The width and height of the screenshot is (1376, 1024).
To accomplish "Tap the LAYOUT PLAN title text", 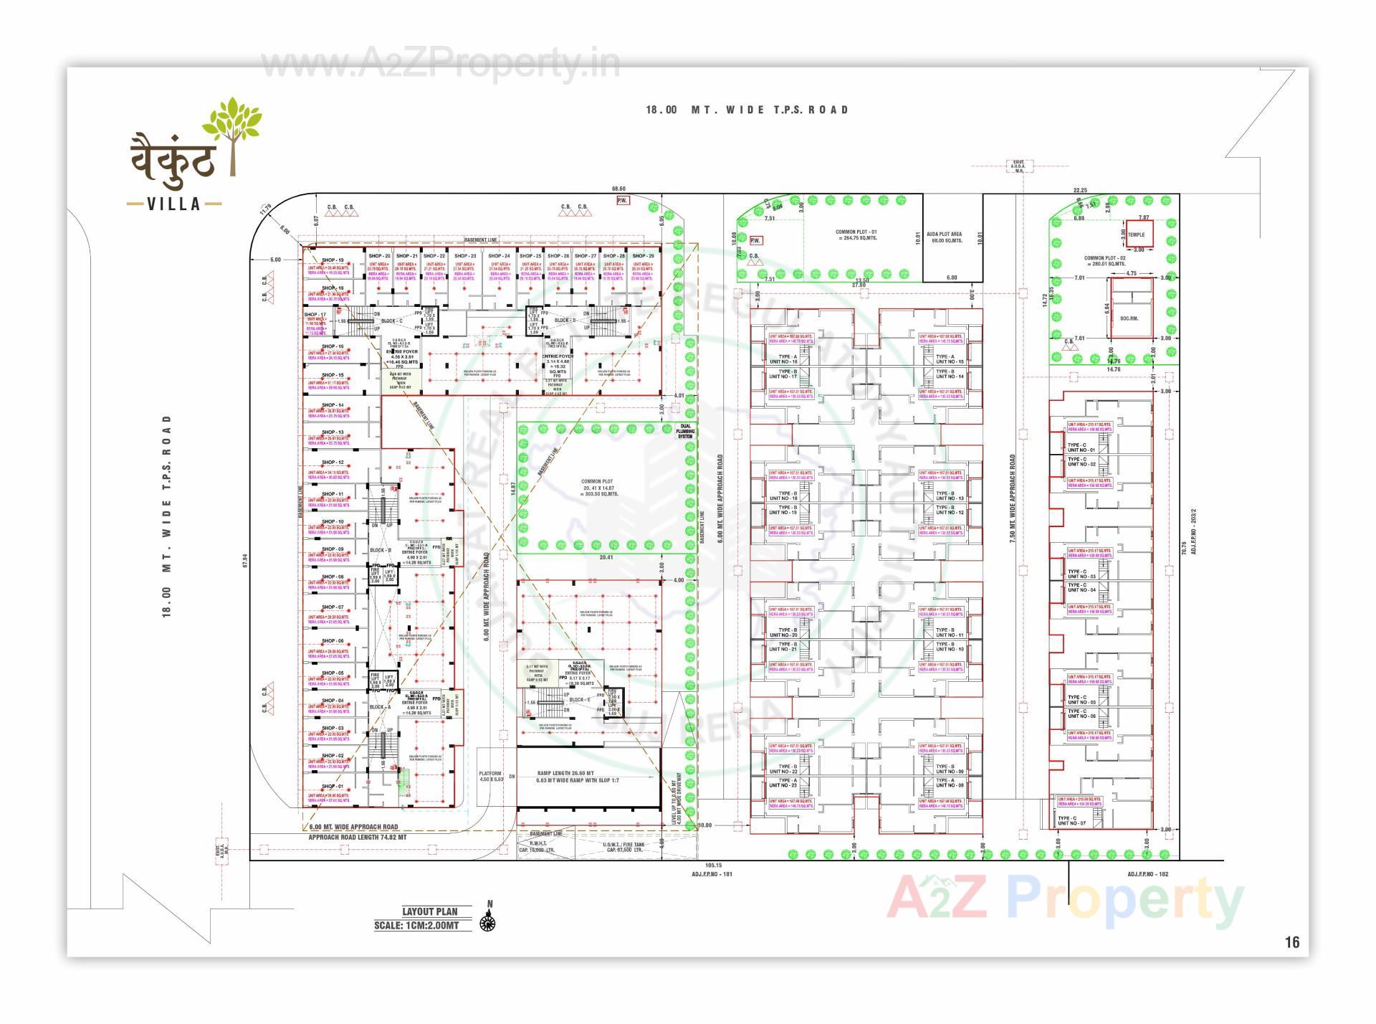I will (429, 911).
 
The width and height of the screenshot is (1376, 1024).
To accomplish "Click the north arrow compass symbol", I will (489, 919).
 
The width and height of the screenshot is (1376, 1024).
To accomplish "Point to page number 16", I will (1291, 942).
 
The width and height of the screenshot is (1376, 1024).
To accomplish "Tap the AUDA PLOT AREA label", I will (944, 237).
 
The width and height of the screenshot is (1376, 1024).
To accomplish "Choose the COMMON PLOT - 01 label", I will (856, 235).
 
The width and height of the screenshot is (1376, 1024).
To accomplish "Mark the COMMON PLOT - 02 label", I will (1104, 261).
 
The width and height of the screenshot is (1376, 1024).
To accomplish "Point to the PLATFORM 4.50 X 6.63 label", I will (492, 776).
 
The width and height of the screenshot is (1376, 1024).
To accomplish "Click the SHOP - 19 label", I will (333, 260).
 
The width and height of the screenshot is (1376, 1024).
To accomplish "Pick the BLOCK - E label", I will (579, 699).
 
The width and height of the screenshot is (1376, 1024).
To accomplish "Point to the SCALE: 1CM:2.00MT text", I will (416, 925).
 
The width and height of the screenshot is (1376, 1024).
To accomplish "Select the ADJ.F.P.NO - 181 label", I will (712, 873).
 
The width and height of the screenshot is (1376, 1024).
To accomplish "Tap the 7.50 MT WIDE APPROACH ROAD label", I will (1013, 498).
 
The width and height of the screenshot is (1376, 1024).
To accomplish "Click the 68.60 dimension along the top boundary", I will (618, 189).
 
